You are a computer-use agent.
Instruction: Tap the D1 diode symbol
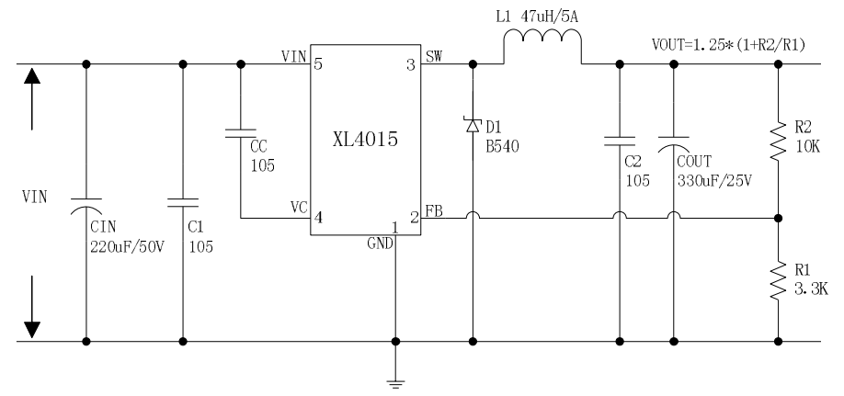473,124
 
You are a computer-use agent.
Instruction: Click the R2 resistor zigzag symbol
779,141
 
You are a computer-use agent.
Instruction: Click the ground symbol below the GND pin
395,384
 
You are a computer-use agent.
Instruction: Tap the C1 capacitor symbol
184,200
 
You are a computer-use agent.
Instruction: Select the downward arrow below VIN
33,303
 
